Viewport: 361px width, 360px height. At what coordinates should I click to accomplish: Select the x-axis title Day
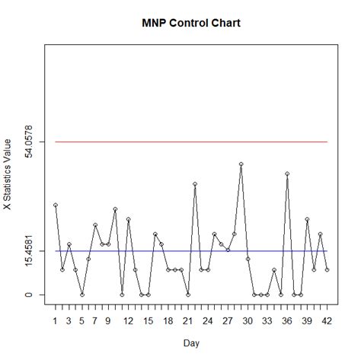point(191,343)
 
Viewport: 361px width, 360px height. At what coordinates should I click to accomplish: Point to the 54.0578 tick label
point(28,142)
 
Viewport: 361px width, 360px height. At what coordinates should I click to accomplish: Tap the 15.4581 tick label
point(28,251)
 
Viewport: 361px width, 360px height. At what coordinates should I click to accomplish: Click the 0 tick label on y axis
point(28,295)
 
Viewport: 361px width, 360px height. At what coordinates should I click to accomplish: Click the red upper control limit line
point(190,142)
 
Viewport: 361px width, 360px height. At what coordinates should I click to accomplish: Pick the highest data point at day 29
point(241,164)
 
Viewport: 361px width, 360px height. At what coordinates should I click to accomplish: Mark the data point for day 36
point(287,174)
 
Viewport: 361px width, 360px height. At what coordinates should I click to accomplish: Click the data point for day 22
point(195,184)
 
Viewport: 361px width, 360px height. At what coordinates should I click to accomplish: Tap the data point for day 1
point(56,205)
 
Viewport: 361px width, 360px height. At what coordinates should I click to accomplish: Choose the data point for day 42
point(327,269)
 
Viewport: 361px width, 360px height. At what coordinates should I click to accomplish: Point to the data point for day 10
point(115,209)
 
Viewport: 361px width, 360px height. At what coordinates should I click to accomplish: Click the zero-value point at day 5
point(82,295)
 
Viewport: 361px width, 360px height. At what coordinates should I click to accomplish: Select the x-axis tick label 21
point(187,321)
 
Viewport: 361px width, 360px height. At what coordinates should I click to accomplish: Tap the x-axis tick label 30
point(248,321)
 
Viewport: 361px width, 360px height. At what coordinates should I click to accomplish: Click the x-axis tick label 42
point(327,321)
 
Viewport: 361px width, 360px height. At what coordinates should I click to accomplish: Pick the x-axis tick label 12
point(128,321)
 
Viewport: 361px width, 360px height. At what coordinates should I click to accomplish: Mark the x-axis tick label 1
point(56,321)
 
